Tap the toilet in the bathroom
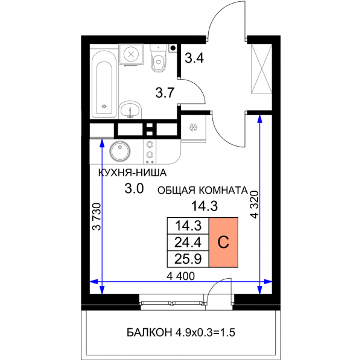158,58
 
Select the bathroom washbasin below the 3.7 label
130,110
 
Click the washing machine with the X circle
131,54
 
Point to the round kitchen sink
119,151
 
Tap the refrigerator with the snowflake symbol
193,127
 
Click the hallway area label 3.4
194,58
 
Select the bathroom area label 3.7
165,93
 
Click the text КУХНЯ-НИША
132,173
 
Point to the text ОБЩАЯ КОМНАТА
203,191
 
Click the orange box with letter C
223,242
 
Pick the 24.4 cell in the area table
188,243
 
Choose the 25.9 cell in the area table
188,259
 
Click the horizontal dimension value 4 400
181,276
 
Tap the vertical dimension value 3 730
97,217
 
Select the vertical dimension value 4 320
254,205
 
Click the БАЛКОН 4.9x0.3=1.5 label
181,332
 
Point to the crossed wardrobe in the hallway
262,69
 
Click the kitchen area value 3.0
134,189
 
